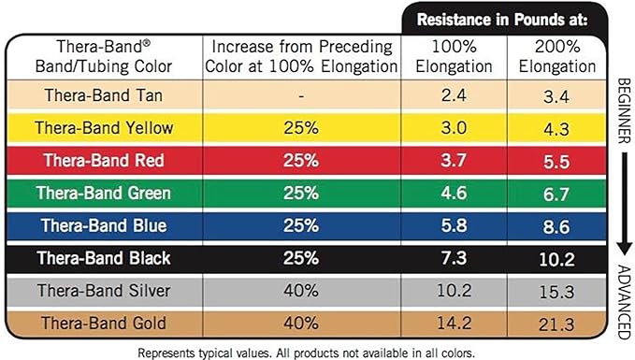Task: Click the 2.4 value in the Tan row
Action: (x=454, y=94)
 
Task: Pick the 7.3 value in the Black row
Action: (x=454, y=258)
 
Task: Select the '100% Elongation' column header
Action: (x=454, y=56)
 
